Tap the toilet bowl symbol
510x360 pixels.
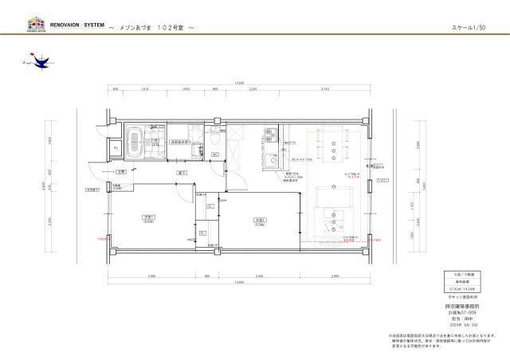coord(214,141)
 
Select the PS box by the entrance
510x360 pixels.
coord(116,149)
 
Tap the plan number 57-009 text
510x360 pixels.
coord(453,313)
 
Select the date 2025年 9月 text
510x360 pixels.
coord(453,324)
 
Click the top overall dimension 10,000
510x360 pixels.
coord(239,83)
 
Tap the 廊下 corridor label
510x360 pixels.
coord(182,171)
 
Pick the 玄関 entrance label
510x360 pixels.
coord(120,171)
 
